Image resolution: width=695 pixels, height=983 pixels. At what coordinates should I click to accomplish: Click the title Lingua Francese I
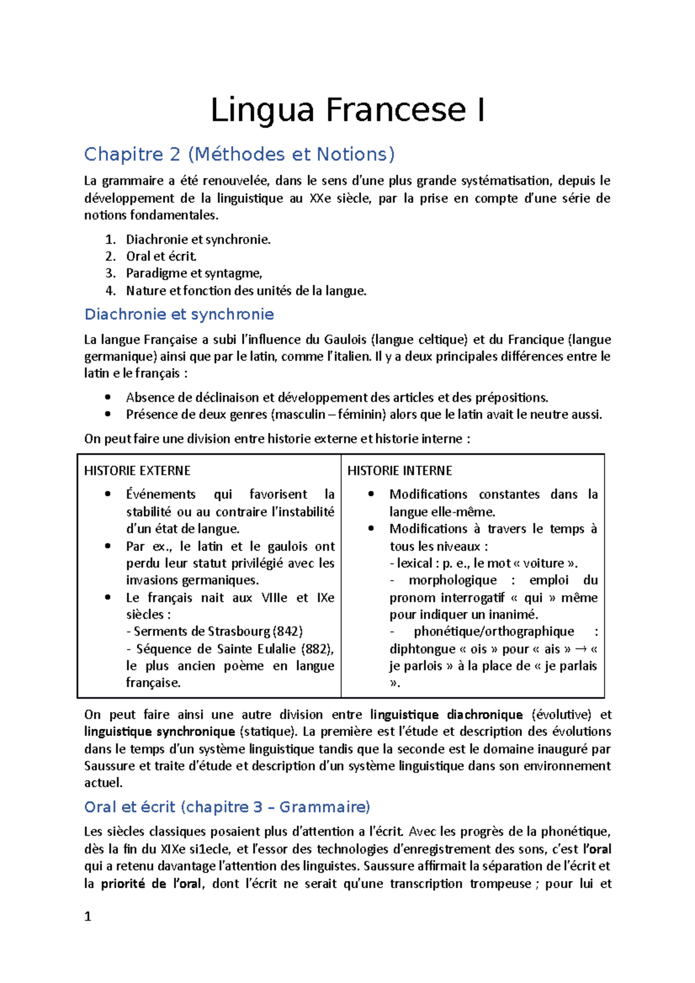click(x=348, y=110)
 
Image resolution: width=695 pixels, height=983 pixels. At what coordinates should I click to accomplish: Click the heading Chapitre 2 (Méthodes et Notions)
click(x=239, y=154)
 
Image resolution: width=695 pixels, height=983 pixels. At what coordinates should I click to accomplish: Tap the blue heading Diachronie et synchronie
click(x=179, y=314)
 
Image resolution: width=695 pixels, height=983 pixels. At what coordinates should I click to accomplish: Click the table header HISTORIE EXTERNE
click(x=137, y=471)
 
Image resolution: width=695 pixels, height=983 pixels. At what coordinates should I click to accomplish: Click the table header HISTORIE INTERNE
click(x=400, y=471)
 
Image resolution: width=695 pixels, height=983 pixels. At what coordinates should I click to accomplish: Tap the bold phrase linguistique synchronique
click(x=159, y=732)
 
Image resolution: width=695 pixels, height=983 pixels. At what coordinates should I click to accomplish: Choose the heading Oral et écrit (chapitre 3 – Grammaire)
click(x=227, y=807)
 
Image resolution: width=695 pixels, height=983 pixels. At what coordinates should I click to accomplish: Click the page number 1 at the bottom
click(x=88, y=916)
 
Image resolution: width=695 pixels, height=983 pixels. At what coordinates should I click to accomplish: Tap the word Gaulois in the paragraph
click(x=345, y=340)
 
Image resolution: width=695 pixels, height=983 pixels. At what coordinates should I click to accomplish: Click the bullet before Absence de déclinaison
click(x=108, y=397)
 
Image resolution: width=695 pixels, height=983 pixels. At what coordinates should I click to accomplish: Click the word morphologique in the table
click(x=452, y=580)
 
